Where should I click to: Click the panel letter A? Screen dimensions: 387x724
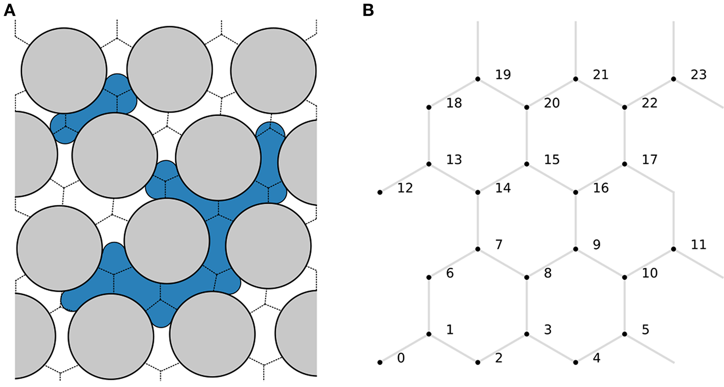9,10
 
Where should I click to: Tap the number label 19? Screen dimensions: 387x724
503,75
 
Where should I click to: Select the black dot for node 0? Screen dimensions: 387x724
380,362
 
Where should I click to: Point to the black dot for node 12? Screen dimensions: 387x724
380,192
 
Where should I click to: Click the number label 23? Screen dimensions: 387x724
698,75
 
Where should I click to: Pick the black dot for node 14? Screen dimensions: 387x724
478,192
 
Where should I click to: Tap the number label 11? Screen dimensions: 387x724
698,245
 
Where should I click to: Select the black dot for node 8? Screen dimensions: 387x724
527,277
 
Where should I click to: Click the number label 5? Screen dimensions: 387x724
645,330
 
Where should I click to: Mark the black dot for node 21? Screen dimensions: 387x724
576,79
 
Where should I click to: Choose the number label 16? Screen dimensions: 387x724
601,188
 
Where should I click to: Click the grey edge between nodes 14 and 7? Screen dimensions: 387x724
478,221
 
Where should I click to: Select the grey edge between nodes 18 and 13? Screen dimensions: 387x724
429,136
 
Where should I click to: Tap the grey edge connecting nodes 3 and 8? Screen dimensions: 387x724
527,306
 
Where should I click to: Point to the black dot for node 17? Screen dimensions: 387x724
625,164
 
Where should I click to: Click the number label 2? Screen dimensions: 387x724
498,358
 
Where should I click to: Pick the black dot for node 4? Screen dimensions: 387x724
576,362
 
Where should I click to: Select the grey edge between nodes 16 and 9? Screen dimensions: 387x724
576,221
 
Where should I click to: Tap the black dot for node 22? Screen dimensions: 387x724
625,107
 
